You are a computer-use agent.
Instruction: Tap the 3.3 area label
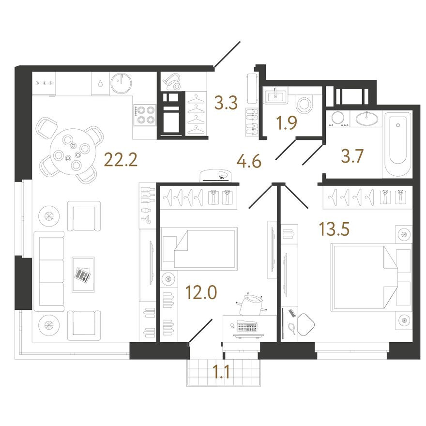click(226, 103)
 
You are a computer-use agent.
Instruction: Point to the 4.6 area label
click(249, 161)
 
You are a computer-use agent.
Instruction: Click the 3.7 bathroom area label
click(352, 156)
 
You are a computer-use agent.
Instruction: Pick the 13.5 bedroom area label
click(335, 229)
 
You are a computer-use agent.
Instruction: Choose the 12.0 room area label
click(201, 292)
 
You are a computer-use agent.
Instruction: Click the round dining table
click(72, 152)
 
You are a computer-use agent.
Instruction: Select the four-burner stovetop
click(146, 115)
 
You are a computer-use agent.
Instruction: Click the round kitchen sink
click(121, 83)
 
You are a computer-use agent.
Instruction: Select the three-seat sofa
click(49, 271)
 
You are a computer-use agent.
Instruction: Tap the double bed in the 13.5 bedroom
click(371, 277)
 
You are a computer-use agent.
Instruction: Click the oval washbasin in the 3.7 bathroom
click(367, 119)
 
